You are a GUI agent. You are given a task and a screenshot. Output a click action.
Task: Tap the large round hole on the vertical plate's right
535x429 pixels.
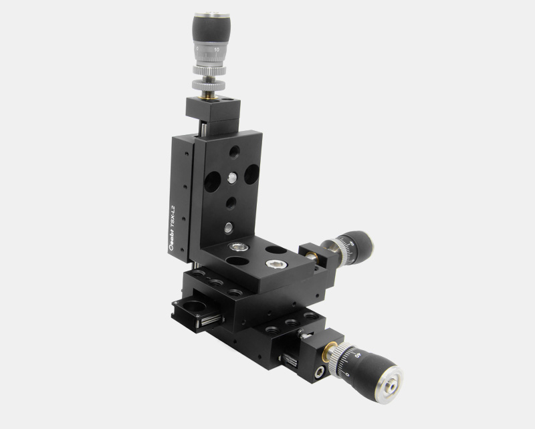251,174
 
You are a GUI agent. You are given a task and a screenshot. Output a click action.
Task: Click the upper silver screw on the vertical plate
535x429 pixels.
231,177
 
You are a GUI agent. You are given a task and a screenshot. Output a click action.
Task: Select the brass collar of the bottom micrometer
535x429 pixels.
328,350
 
